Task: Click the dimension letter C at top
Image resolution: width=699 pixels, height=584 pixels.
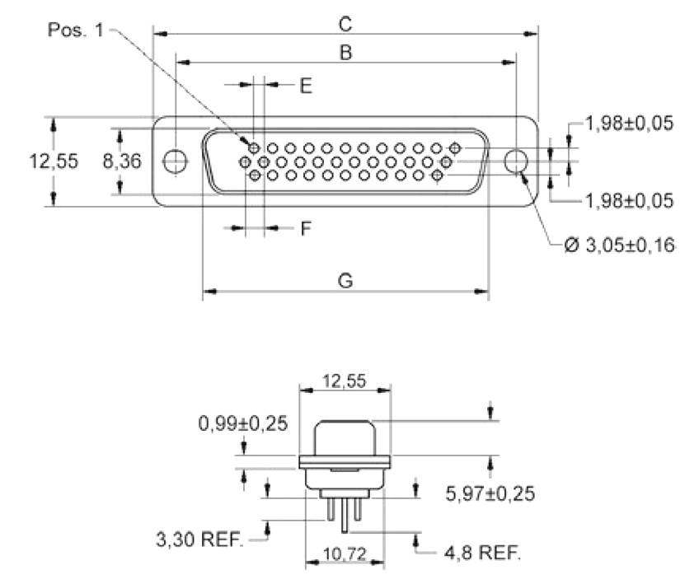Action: (x=346, y=23)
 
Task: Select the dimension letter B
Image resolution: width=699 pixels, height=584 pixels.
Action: (x=346, y=53)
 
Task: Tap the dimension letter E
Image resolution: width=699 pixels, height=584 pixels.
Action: (x=306, y=86)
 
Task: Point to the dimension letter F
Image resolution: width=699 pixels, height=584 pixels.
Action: (x=306, y=229)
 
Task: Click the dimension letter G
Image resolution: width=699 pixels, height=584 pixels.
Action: (x=346, y=281)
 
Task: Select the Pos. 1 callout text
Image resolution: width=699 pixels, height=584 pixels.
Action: (x=77, y=30)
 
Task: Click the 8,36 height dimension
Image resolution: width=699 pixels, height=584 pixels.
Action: (x=122, y=161)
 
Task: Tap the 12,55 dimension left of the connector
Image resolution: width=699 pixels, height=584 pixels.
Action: (x=54, y=161)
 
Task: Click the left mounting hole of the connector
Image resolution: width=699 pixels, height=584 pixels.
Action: (x=175, y=161)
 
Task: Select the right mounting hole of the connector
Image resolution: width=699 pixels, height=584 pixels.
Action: (x=517, y=161)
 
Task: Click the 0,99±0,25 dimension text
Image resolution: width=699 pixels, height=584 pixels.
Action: (x=242, y=423)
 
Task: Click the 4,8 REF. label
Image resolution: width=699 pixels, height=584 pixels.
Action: (x=482, y=551)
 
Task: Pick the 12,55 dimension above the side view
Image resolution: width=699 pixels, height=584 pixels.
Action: (x=344, y=381)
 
